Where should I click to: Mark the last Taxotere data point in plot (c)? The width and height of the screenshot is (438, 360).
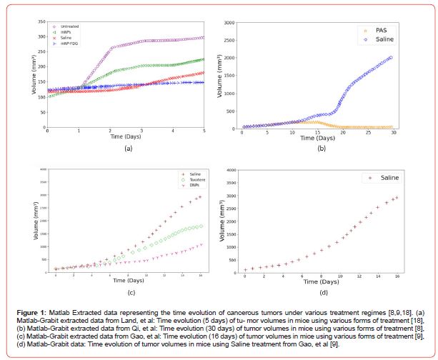coord(201,226)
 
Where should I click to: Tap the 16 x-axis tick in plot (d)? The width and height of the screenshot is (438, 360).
coord(398,276)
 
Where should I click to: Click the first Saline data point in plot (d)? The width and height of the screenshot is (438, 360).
coord(245,270)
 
